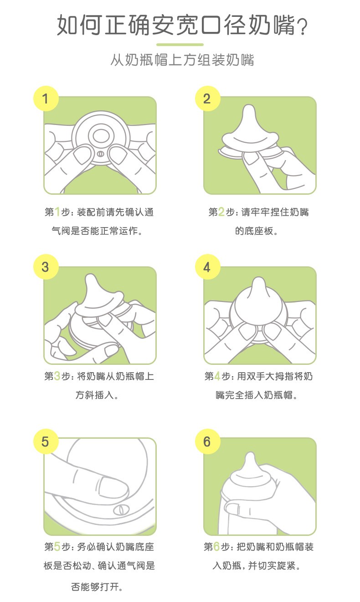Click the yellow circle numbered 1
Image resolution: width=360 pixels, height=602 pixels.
[46, 99]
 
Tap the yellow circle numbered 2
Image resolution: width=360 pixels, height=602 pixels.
[207, 99]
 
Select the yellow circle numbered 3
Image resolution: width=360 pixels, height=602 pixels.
[46, 267]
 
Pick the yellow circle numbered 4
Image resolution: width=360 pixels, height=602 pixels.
[207, 267]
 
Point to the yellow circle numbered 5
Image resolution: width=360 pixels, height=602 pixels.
[46, 441]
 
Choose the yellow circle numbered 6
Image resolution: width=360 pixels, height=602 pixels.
[207, 441]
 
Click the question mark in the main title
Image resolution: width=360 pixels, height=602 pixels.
[302, 27]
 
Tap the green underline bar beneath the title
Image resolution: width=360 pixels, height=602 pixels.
[180, 45]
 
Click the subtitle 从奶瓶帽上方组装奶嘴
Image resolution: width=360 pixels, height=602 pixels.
[182, 60]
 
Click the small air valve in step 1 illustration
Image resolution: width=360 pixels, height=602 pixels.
[100, 154]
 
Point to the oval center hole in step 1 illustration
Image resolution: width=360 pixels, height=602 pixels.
[101, 136]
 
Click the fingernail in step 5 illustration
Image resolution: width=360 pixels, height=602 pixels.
[113, 487]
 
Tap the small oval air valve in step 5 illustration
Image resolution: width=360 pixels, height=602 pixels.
[121, 509]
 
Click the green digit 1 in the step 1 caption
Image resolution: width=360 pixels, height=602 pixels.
[57, 212]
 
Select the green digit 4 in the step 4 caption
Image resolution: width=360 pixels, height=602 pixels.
[217, 376]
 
